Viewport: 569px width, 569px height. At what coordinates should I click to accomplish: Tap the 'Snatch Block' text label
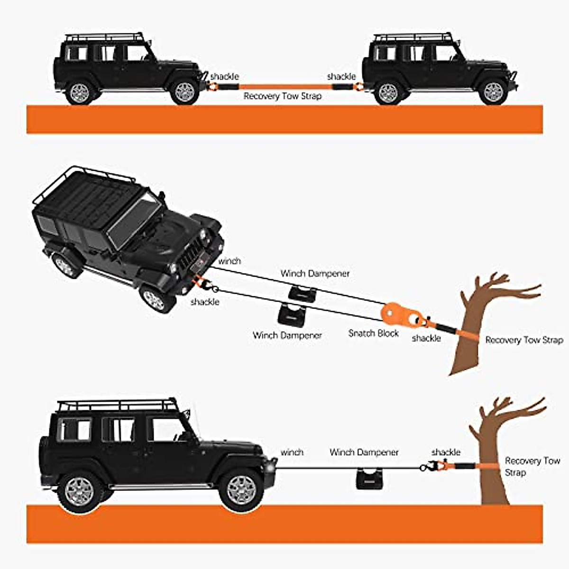click(x=373, y=333)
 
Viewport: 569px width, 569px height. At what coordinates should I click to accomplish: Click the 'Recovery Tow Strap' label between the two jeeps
click(x=283, y=96)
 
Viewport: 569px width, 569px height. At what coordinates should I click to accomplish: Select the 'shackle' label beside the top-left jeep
click(x=224, y=76)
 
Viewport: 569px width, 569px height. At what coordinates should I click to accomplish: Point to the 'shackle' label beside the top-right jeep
click(x=341, y=76)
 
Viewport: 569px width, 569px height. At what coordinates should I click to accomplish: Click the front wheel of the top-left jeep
click(x=184, y=92)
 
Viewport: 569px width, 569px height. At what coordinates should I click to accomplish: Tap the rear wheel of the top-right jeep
click(x=388, y=93)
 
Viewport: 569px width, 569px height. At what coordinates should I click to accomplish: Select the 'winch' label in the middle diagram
click(x=229, y=261)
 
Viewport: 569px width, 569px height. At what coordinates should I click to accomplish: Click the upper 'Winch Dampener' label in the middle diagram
click(x=315, y=274)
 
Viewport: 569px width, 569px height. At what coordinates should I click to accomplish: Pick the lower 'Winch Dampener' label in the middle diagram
click(x=287, y=335)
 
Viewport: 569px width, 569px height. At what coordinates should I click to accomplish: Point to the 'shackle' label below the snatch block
click(x=426, y=338)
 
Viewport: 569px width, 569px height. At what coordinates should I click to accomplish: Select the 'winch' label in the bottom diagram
click(x=292, y=452)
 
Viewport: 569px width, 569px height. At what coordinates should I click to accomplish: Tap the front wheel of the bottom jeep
click(x=241, y=490)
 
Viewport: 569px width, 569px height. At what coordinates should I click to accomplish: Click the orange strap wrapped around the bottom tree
click(x=488, y=467)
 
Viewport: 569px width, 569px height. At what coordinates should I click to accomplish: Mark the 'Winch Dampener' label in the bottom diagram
click(x=364, y=452)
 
